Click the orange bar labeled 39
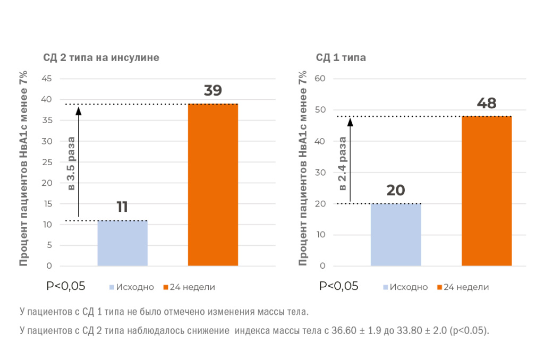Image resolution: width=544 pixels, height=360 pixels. pos(213,185)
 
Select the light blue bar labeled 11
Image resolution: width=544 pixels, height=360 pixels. pos(122,243)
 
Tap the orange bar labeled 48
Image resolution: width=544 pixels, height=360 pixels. pos(486,191)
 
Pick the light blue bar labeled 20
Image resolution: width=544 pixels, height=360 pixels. pos(396,235)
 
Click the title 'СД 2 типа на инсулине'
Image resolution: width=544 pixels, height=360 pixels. pos(101,57)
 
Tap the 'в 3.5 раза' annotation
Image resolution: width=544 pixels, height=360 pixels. pos(71,162)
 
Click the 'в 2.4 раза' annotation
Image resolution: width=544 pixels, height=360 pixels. pos(343,163)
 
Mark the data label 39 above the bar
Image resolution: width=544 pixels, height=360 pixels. pos(212,91)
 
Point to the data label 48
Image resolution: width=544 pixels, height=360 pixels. pos(486,103)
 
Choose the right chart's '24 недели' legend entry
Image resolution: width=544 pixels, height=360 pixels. pos(462,287)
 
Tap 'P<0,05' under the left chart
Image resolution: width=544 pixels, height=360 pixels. pos(66,286)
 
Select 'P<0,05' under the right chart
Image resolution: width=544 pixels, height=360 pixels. pos(338,286)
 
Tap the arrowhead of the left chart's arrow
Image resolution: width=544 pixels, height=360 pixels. pos(78,110)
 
